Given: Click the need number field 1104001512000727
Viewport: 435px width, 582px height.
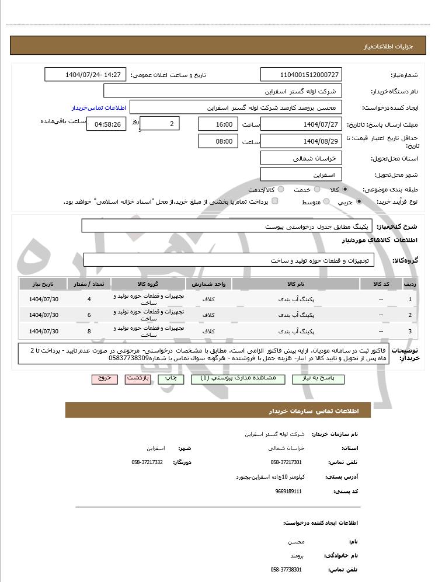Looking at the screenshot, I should pyautogui.click(x=301, y=75).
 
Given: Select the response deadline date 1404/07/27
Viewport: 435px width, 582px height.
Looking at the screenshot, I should pyautogui.click(x=301, y=124).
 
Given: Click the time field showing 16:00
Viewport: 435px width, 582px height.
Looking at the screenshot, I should pyautogui.click(x=218, y=124).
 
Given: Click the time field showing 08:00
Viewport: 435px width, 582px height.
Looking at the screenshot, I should pyautogui.click(x=218, y=141).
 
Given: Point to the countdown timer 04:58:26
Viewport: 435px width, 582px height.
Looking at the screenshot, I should pyautogui.click(x=106, y=124).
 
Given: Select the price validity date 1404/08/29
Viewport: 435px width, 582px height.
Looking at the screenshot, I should pyautogui.click(x=301, y=141).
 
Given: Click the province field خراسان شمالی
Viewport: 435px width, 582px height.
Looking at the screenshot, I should pyautogui.click(x=301, y=158).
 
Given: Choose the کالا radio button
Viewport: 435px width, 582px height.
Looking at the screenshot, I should pyautogui.click(x=346, y=190).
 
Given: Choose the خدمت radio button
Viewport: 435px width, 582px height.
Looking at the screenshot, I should pyautogui.click(x=317, y=190).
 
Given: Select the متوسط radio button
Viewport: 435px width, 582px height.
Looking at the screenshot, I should pyautogui.click(x=326, y=201).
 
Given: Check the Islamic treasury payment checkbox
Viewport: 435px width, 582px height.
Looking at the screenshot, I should pyautogui.click(x=275, y=201).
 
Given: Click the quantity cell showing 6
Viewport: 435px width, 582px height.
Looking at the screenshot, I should pyautogui.click(x=89, y=315).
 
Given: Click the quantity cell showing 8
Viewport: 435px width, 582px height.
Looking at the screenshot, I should pyautogui.click(x=89, y=332).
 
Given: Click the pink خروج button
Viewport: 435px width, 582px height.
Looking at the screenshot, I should pyautogui.click(x=105, y=378).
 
